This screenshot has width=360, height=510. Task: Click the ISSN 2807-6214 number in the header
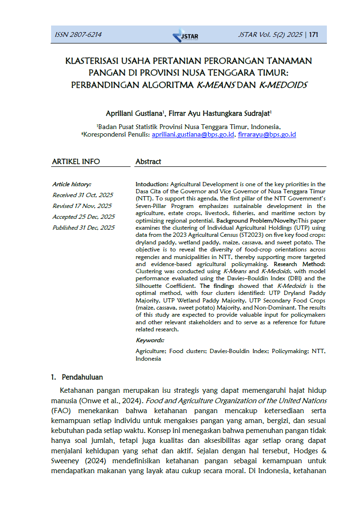pyautogui.click(x=78, y=35)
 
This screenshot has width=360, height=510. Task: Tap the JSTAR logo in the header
pyautogui.click(x=185, y=35)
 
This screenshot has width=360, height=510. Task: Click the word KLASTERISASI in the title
pyautogui.click(x=92, y=61)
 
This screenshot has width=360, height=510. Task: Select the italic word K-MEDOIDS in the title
pyautogui.click(x=283, y=86)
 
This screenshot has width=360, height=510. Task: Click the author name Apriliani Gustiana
pyautogui.click(x=134, y=113)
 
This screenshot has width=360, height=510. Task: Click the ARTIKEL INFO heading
pyautogui.click(x=76, y=162)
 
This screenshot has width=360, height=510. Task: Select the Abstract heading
pyautogui.click(x=148, y=162)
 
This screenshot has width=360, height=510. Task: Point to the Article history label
pyautogui.click(x=71, y=184)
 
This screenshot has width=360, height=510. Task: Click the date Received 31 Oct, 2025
pyautogui.click(x=83, y=195)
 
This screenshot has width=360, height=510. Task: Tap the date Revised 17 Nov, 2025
pyautogui.click(x=82, y=206)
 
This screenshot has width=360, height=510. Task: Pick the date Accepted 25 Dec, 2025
pyautogui.click(x=83, y=217)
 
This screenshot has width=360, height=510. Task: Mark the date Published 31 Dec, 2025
pyautogui.click(x=83, y=228)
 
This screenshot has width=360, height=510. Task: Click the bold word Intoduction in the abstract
pyautogui.click(x=151, y=184)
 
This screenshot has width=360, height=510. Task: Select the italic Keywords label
pyautogui.click(x=150, y=340)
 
